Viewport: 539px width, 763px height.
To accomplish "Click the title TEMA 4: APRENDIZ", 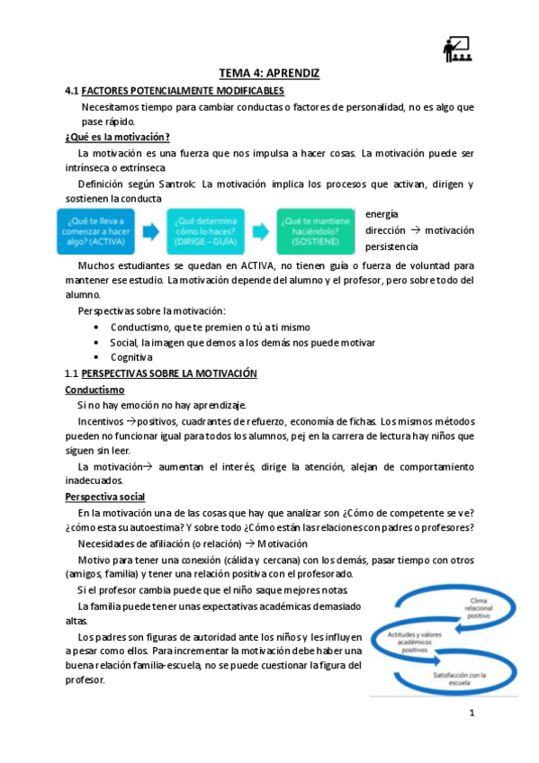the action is [270, 73].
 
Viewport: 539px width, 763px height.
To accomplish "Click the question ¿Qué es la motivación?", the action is [117, 137].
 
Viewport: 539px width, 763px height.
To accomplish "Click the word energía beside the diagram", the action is [382, 214].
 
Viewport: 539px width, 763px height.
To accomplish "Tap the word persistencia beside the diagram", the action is [391, 247].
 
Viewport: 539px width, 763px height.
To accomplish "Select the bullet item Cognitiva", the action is [132, 357].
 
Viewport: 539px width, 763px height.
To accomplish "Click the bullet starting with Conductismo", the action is [209, 327].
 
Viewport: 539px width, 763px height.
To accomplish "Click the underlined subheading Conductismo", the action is [94, 390].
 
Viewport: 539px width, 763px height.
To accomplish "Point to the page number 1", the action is [471, 715].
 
